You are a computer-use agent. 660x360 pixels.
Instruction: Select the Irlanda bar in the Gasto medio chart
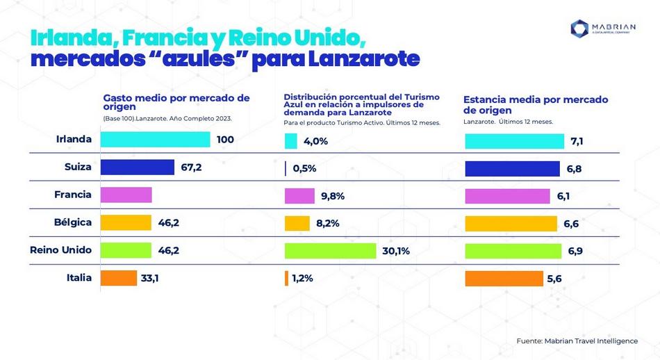155,140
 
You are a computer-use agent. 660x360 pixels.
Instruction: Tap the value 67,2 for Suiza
191,167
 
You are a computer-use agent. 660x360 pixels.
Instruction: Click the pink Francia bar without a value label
126,195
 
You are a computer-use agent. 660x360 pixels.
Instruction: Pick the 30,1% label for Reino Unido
396,251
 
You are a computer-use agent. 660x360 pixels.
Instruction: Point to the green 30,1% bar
330,251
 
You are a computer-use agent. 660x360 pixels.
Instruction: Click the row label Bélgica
72,222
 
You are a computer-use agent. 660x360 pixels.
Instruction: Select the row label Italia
79,278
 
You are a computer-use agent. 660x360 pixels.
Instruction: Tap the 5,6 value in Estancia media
554,278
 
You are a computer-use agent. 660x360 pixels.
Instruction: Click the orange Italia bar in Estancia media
504,278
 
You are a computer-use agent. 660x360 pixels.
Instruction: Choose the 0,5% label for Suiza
304,168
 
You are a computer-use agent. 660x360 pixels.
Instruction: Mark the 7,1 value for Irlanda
577,141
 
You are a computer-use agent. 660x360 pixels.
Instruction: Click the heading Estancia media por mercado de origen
535,104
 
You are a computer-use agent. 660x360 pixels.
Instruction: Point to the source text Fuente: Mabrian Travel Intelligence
577,341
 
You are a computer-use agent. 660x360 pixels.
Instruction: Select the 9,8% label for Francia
333,196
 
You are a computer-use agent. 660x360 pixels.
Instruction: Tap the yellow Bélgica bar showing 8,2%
297,223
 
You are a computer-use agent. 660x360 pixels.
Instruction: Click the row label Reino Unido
61,250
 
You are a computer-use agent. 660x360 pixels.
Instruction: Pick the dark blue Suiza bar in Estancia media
512,168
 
